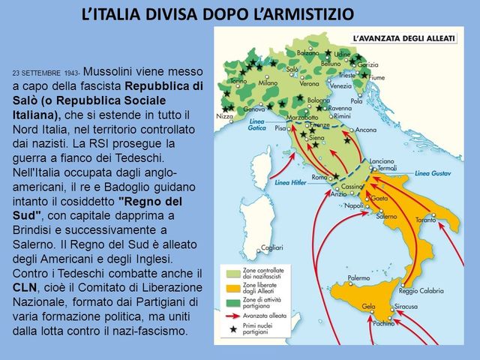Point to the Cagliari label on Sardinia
(273, 248)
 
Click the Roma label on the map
(318, 177)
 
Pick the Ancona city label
(366, 129)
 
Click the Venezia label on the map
(340, 85)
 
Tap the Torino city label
(238, 80)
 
